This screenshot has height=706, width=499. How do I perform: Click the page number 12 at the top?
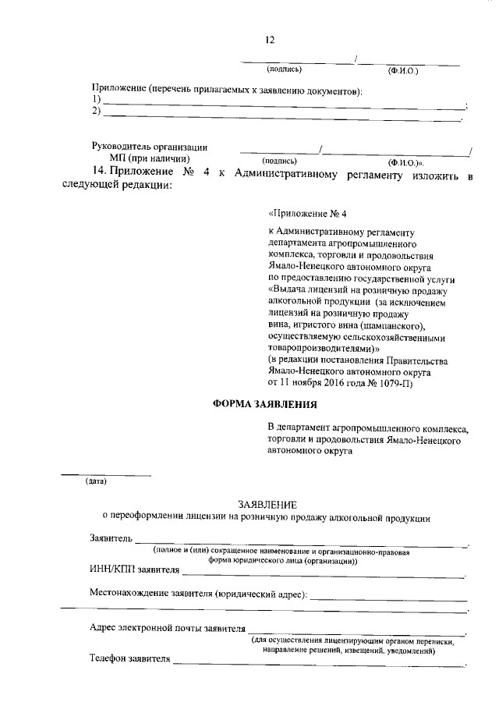[271, 41]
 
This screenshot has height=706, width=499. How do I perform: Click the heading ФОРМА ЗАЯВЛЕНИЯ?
[264, 403]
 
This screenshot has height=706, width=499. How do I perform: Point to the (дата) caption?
[96, 481]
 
